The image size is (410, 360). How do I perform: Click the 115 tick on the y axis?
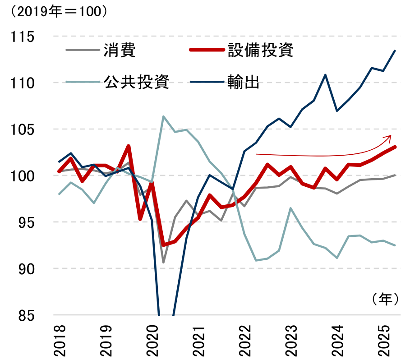22,36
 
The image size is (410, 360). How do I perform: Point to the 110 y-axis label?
22,83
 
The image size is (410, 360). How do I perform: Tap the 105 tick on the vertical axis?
22,129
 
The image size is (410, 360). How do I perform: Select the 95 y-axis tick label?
26,222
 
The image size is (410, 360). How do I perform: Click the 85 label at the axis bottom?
26,315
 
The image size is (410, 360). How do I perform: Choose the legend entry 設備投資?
260,50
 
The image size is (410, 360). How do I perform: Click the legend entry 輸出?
244,82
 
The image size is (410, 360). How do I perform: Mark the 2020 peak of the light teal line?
163,116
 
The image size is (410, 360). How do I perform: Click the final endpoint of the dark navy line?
395,51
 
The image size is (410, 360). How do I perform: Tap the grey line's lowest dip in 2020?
163,263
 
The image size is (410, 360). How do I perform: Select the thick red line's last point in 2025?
395,147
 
